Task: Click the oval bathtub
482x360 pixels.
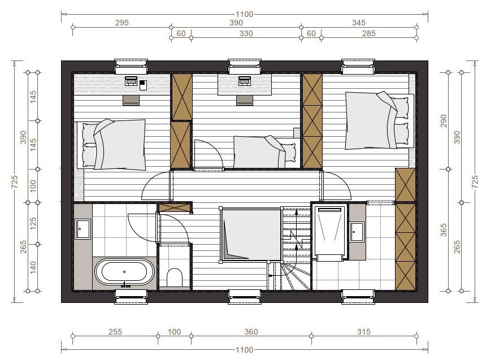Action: pyautogui.click(x=124, y=272)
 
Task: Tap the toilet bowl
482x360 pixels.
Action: pyautogui.click(x=174, y=277)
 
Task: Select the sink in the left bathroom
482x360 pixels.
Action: pyautogui.click(x=82, y=229)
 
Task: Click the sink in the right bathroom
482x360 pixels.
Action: pyautogui.click(x=357, y=232)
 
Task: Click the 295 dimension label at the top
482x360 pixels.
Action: pyautogui.click(x=121, y=23)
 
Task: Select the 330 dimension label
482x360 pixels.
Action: pyautogui.click(x=246, y=33)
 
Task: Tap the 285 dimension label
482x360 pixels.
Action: pyautogui.click(x=368, y=33)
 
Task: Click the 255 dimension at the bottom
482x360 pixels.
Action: pyautogui.click(x=115, y=332)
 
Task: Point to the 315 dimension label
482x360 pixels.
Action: pyautogui.click(x=364, y=332)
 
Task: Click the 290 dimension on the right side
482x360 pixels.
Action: pyautogui.click(x=444, y=121)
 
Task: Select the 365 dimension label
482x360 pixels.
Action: pyautogui.click(x=444, y=230)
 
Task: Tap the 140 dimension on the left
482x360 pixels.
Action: pyautogui.click(x=33, y=267)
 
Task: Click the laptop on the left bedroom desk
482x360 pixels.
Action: pyautogui.click(x=131, y=81)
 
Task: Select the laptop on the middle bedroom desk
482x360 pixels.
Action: pyautogui.click(x=245, y=81)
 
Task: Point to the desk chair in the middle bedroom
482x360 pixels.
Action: pyautogui.click(x=245, y=100)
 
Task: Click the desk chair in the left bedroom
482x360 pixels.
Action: pyautogui.click(x=131, y=100)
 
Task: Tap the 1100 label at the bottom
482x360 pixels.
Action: pyautogui.click(x=244, y=350)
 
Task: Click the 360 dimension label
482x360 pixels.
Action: pyautogui.click(x=251, y=332)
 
